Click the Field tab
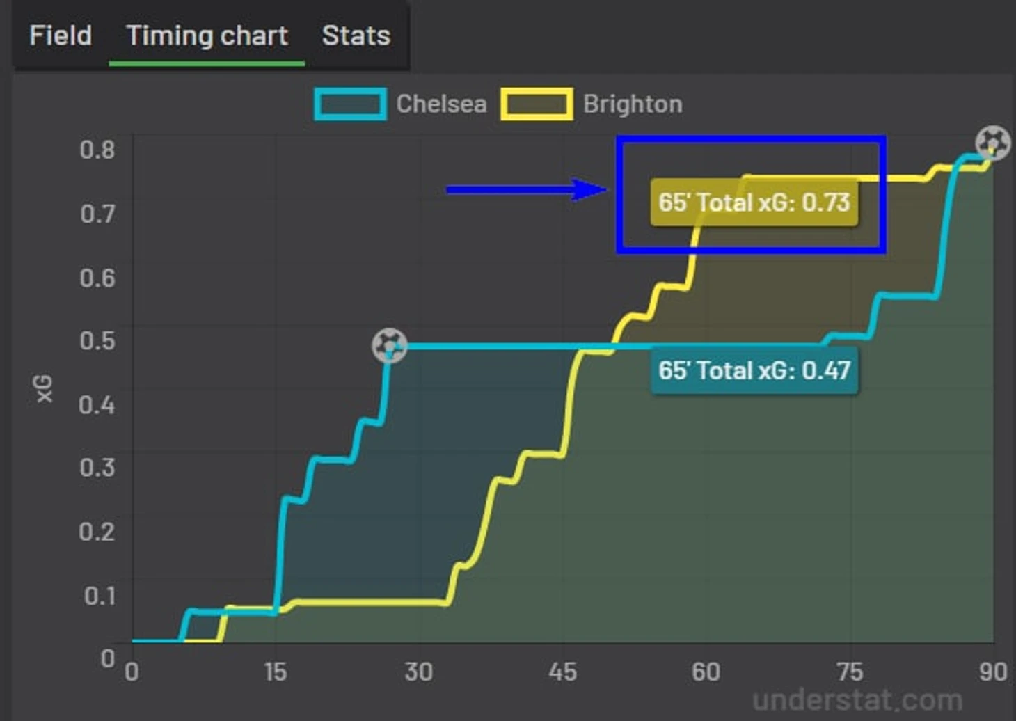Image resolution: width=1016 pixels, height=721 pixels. tap(61, 35)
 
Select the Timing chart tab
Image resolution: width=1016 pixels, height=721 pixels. tap(207, 35)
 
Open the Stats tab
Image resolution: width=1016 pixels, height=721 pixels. tap(356, 35)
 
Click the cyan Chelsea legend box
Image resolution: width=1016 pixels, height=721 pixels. tap(350, 104)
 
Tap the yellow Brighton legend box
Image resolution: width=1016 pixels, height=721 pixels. tap(537, 104)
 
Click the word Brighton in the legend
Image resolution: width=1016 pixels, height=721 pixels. tap(633, 104)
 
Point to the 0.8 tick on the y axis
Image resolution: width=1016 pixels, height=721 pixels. tap(97, 149)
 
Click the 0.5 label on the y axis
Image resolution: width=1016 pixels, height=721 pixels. tap(97, 340)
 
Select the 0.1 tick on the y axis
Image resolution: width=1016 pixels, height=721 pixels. tap(100, 596)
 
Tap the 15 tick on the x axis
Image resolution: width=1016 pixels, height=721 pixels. tap(275, 672)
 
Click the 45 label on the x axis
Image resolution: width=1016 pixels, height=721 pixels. tap(562, 672)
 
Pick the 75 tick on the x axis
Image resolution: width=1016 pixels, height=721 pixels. tap(850, 672)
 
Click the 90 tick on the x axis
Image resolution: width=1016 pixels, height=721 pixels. tap(992, 672)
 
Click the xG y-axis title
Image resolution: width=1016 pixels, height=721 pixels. tap(44, 388)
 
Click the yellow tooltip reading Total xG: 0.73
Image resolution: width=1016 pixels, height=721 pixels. tap(754, 203)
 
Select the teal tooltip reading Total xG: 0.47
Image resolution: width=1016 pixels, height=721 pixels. tap(754, 370)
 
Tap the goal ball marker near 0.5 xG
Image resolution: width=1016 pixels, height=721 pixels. tap(390, 346)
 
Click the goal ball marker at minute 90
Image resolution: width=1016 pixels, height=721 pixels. tap(992, 143)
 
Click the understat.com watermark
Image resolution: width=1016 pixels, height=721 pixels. tap(857, 699)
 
